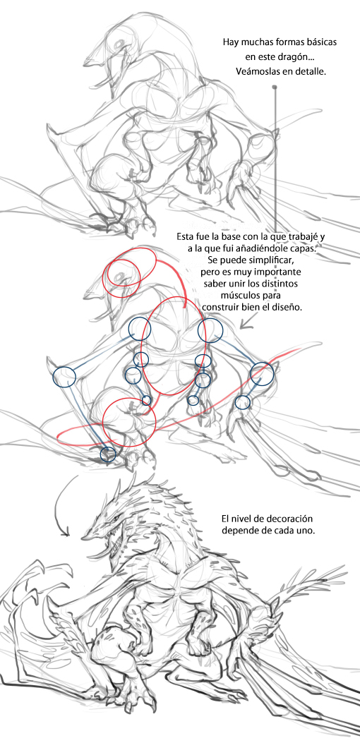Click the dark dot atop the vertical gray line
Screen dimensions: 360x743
point(275,87)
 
